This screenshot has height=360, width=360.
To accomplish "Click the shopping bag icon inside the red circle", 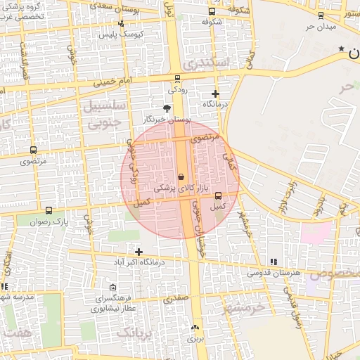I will coord(181,176).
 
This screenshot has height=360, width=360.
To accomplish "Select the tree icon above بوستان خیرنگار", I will coord(167,108).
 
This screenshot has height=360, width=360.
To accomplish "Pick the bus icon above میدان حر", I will coord(321,14).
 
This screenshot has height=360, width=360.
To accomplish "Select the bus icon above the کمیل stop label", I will coord(218,195).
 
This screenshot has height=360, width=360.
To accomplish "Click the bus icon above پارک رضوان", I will coord(49,210).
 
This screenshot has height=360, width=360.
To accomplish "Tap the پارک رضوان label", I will coord(49,221).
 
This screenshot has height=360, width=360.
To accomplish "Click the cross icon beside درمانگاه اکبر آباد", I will coord(139,252).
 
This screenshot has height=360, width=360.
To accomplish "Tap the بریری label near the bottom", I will coord(194,339).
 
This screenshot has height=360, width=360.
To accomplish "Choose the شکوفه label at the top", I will coord(212,22).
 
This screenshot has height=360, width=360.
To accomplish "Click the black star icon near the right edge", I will coord(342,49).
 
